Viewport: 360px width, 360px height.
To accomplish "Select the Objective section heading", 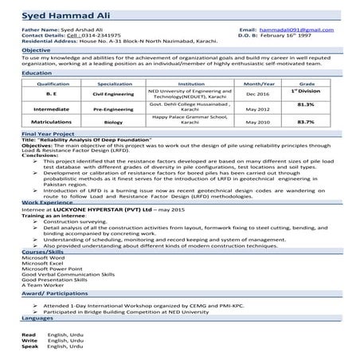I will (x=37, y=50).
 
